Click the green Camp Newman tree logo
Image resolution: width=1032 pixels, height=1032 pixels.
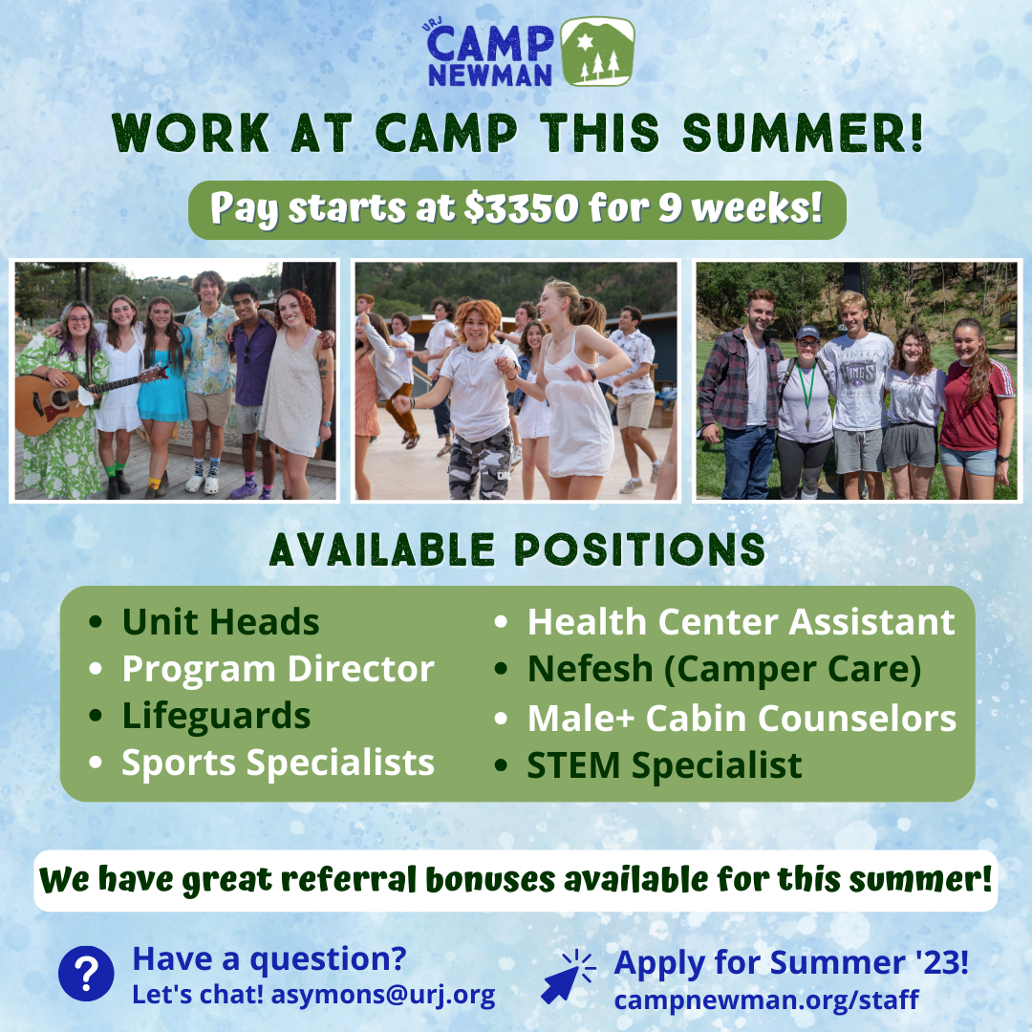tap(597, 52)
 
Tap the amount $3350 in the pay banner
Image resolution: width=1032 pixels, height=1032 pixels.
tap(522, 208)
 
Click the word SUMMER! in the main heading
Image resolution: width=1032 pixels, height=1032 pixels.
tap(803, 132)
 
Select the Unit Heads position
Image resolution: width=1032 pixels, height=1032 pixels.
tap(221, 621)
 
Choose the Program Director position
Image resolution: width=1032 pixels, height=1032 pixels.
tap(278, 669)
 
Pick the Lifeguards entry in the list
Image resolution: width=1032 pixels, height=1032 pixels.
tap(216, 716)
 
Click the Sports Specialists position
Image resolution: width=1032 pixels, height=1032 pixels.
tap(278, 763)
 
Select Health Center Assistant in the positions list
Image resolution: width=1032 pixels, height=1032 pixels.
tap(742, 621)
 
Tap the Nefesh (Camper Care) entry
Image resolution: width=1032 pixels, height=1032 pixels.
tap(724, 669)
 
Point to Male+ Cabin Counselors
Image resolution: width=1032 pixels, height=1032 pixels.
tap(742, 718)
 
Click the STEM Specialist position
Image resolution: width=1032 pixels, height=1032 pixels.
tap(665, 765)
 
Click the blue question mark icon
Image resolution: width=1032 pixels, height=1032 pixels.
tap(86, 974)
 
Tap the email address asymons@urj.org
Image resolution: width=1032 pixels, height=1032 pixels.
tap(383, 995)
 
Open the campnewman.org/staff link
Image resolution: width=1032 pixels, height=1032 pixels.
tap(766, 1000)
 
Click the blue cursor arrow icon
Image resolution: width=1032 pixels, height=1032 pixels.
tap(568, 977)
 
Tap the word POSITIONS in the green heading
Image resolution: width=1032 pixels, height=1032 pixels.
tap(639, 549)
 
